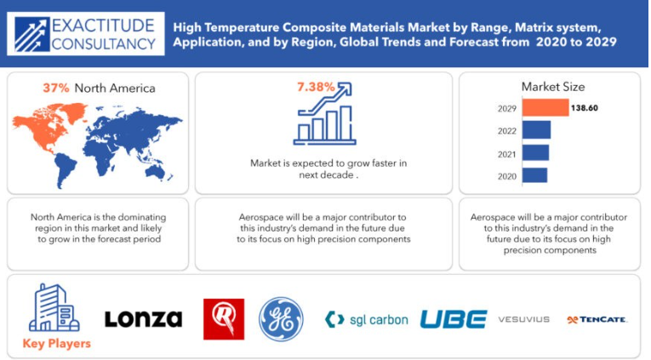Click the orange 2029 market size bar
click(545, 108)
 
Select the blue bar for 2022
click(536, 130)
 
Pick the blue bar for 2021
click(535, 153)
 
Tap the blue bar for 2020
click(534, 175)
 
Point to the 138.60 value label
click(584, 108)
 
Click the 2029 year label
click(507, 109)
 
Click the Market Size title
click(553, 87)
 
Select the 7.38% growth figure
click(316, 87)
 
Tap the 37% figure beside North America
click(56, 88)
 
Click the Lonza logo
click(143, 319)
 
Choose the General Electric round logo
click(281, 319)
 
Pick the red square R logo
click(224, 319)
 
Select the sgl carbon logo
click(367, 320)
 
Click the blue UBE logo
click(454, 319)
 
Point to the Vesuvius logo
click(524, 319)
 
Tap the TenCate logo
click(597, 319)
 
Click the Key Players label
click(56, 343)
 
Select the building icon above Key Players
click(54, 308)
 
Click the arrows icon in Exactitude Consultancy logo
click(31, 34)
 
